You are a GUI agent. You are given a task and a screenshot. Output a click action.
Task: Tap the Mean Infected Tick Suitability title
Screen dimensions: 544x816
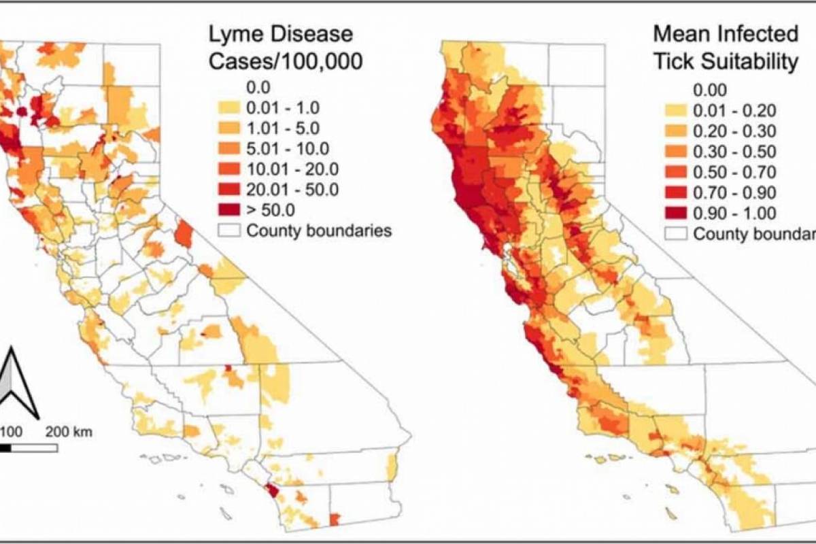coord(725,48)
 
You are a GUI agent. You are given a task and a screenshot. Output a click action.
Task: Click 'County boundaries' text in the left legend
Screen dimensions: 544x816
coord(319,231)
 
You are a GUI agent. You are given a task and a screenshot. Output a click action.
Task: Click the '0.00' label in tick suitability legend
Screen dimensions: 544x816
coord(710,90)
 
